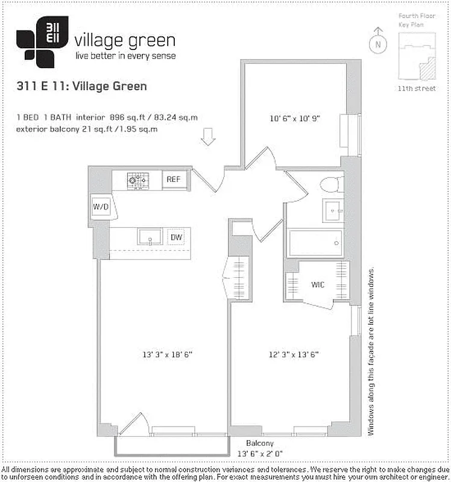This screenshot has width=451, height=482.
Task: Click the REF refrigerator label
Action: [x=174, y=179]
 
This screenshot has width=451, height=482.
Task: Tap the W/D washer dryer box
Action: [x=100, y=207]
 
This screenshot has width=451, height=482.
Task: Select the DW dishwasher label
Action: [x=175, y=237]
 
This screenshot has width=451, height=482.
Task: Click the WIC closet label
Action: [x=318, y=284]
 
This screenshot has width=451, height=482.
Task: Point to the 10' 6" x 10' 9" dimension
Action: [x=294, y=119]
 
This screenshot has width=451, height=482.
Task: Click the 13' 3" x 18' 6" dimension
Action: [x=164, y=355]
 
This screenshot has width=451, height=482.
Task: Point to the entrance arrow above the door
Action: [x=208, y=137]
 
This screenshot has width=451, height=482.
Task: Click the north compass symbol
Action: [x=377, y=42]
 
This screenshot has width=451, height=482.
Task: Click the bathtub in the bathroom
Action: [x=315, y=243]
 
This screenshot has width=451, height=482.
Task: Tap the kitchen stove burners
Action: [x=137, y=179]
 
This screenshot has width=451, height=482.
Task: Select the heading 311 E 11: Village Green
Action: [x=82, y=86]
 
